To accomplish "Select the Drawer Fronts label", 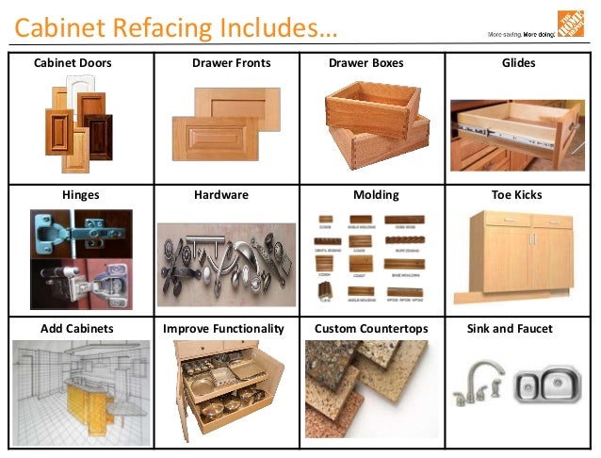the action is [231, 63].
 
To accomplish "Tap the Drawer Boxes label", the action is [365, 63].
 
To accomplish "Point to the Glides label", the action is [518, 63].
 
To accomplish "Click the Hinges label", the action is [80, 195].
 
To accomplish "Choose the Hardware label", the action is [220, 195].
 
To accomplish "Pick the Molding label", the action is [376, 195].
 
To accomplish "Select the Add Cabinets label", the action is [77, 329].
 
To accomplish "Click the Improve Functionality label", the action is [223, 329].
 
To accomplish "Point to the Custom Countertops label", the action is [371, 329].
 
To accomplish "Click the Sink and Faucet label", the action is [510, 329].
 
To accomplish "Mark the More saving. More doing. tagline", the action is [519, 34].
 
